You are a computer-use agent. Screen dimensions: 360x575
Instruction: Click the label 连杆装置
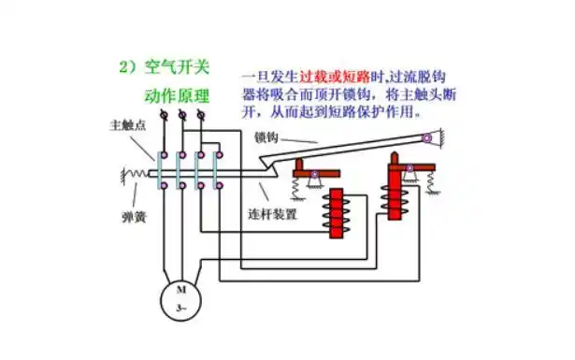(x=272, y=215)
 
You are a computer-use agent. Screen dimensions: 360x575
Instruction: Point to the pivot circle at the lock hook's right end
(x=427, y=139)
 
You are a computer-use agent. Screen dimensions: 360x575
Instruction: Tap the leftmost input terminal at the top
(x=163, y=115)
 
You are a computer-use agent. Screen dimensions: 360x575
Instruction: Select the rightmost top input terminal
(x=198, y=115)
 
